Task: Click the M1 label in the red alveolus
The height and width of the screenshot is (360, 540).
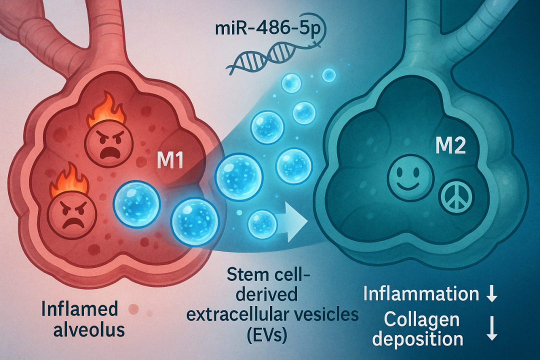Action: point(170,162)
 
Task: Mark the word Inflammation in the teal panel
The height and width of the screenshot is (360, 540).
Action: point(421,294)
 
